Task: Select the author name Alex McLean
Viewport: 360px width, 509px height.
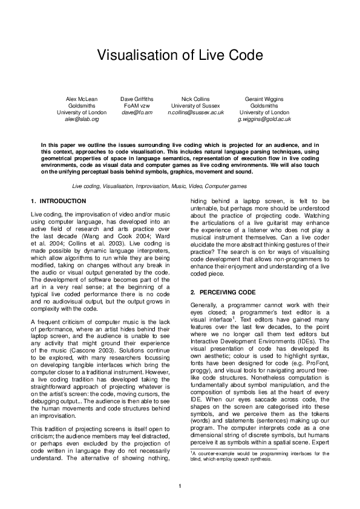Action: click(81, 98)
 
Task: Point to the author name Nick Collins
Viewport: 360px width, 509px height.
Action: click(196, 98)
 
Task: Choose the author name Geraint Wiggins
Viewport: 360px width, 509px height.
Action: click(264, 98)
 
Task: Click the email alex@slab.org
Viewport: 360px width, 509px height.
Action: click(81, 120)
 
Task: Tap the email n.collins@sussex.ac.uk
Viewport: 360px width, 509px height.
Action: click(196, 112)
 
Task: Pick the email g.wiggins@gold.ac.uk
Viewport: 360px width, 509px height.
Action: click(264, 120)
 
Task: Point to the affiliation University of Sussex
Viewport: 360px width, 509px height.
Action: click(196, 105)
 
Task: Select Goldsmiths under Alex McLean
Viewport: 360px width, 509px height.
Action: click(81, 105)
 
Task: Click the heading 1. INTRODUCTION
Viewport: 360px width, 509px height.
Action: click(58, 201)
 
